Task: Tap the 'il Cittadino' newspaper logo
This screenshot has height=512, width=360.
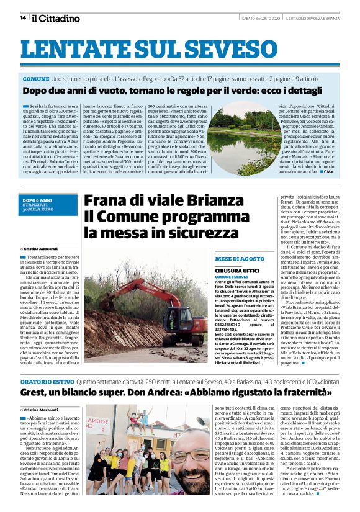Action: tap(56, 19)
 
